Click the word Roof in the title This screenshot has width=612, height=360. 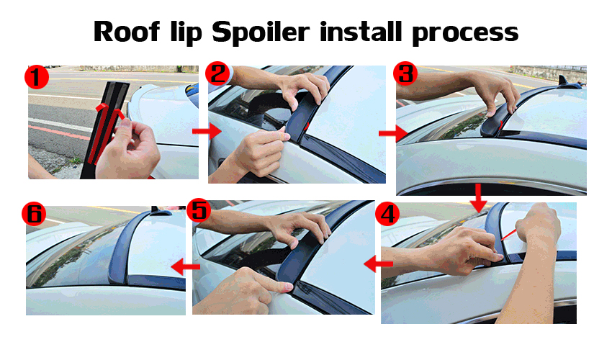click(127, 31)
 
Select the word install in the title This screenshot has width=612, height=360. click(361, 31)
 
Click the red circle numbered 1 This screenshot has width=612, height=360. click(37, 77)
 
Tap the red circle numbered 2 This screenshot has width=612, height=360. click(217, 73)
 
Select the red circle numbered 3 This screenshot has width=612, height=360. click(405, 73)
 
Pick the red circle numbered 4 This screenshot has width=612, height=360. click(387, 214)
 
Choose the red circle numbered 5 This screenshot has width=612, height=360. click(199, 211)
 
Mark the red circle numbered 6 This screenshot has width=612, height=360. click(34, 214)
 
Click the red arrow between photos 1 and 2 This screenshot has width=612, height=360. click(207, 131)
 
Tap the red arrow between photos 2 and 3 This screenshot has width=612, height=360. click(393, 133)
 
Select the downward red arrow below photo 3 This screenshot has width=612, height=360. click(478, 197)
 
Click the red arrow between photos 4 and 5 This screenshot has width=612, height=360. click(378, 264)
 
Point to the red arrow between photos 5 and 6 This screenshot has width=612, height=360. click(186, 267)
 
